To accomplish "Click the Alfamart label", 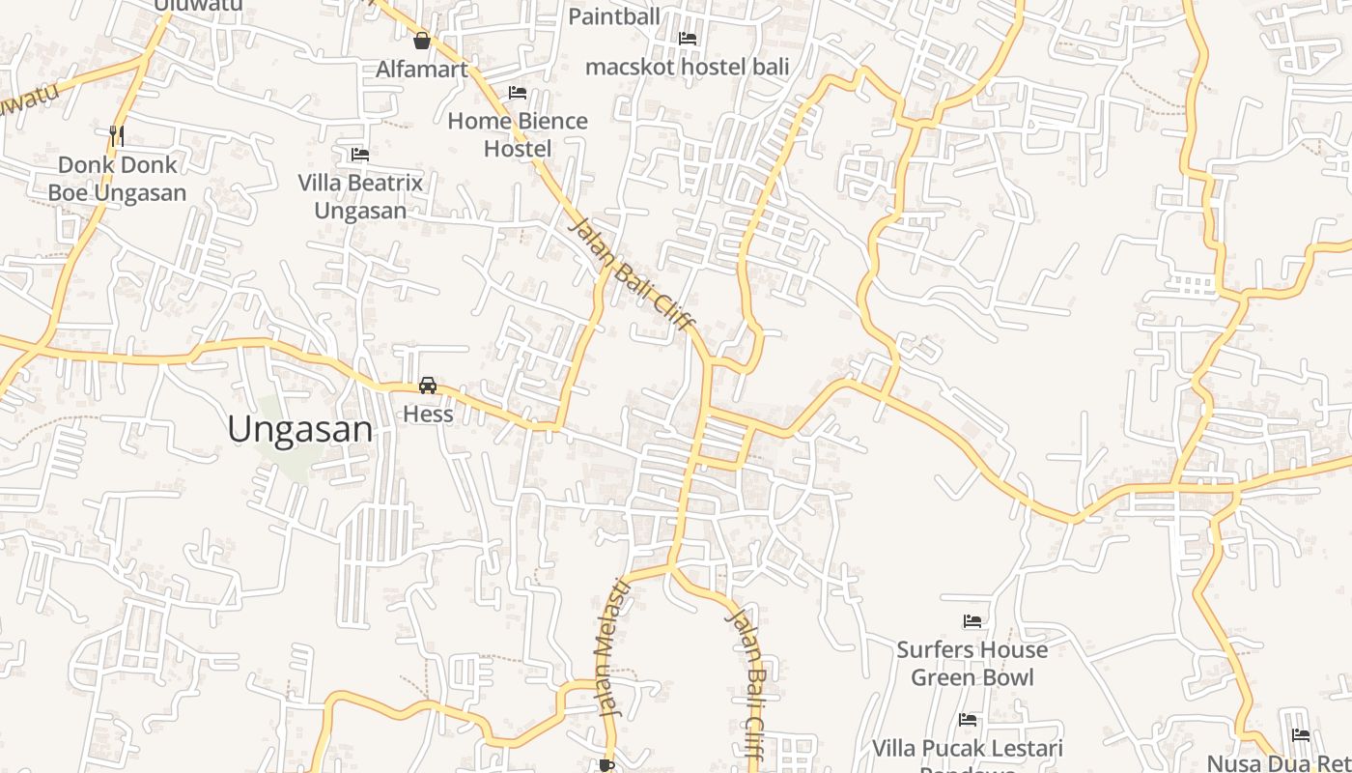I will (421, 69).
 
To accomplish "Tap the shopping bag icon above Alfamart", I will (421, 41).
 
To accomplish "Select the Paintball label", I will (614, 16).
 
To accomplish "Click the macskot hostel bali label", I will (688, 67).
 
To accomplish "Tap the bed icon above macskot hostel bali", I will (688, 39).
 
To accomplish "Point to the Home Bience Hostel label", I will (518, 134).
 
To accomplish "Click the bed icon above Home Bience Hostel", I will (518, 93).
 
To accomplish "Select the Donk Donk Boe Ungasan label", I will (117, 179).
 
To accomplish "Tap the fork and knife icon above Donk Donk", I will (117, 135).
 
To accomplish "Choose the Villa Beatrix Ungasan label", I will (360, 196).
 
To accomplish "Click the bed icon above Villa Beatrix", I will (360, 155).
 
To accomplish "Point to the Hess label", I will (428, 415).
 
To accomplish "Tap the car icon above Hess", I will (428, 386).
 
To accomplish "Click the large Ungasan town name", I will (300, 429).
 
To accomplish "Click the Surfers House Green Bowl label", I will (972, 663).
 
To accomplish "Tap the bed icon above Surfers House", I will (972, 621).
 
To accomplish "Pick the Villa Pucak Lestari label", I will (968, 749).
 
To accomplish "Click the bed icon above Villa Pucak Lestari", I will (968, 720).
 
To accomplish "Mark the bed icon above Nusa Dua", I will (1301, 735).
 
